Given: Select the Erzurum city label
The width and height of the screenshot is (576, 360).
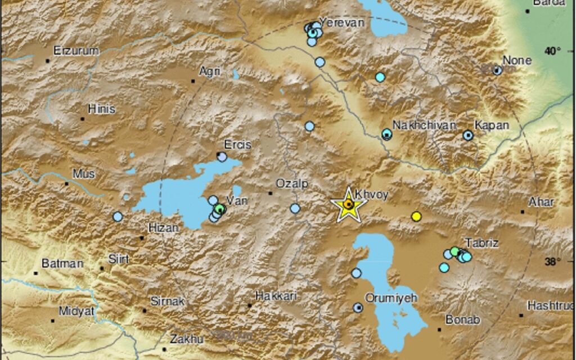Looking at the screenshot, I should (x=76, y=51).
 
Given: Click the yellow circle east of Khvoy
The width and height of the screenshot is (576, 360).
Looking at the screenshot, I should (x=416, y=216).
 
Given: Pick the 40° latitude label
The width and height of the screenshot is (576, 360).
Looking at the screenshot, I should (x=552, y=51).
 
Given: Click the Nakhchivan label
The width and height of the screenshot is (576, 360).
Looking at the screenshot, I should (x=424, y=125).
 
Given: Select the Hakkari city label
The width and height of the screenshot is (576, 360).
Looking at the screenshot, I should (x=276, y=295).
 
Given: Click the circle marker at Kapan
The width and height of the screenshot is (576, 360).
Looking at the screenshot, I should (x=468, y=135).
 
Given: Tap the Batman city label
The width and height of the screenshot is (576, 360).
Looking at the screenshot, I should (x=62, y=263).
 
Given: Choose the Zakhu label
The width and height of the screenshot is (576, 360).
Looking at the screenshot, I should (x=187, y=339).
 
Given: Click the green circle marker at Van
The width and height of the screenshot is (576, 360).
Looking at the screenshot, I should (x=220, y=209).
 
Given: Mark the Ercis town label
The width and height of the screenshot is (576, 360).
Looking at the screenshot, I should (x=237, y=145).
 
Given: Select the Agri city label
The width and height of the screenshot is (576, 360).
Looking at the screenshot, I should (x=210, y=71).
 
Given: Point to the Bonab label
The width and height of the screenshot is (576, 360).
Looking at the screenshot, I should (x=462, y=320).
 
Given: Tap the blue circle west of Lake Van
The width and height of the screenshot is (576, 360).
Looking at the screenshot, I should (x=118, y=217).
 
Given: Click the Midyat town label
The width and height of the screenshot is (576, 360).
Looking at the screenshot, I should (x=76, y=311).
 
